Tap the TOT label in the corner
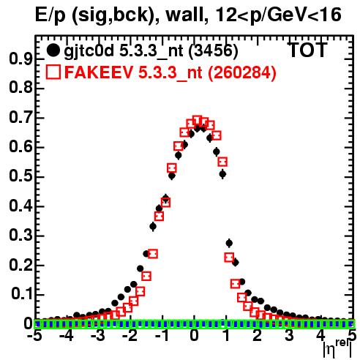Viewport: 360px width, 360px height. click(308, 50)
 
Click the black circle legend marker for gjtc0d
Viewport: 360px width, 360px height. click(53, 50)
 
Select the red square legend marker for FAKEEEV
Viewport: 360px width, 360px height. click(53, 72)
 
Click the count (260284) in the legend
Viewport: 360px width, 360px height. click(241, 72)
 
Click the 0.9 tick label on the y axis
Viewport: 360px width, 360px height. click(20, 59)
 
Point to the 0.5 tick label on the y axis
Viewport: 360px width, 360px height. click(20, 176)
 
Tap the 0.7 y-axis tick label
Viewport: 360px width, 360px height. click(20, 118)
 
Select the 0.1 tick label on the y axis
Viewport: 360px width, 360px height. click(21, 294)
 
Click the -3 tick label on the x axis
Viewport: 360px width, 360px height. click(99, 336)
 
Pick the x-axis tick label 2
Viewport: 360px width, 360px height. click(258, 336)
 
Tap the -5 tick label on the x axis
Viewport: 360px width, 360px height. click(34, 336)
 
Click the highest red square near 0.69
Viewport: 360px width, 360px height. click(197, 120)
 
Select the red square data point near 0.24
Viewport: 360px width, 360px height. click(153, 254)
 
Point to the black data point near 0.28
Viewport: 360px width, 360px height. click(229, 243)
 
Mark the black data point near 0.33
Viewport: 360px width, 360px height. click(153, 227)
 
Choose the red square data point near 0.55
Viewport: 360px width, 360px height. click(222, 162)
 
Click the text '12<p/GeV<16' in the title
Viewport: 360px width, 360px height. click(279, 15)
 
